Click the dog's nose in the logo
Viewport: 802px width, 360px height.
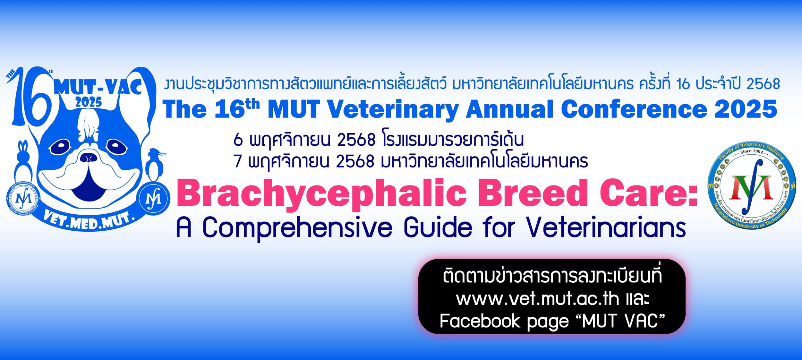[x=89, y=158]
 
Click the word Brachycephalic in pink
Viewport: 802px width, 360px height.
[x=321, y=193]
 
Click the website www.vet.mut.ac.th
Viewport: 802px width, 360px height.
[x=537, y=299]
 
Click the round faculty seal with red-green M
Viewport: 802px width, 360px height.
[x=752, y=185]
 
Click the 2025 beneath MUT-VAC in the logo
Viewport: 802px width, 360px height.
[x=89, y=102]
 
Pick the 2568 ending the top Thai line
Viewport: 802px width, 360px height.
[x=764, y=84]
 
